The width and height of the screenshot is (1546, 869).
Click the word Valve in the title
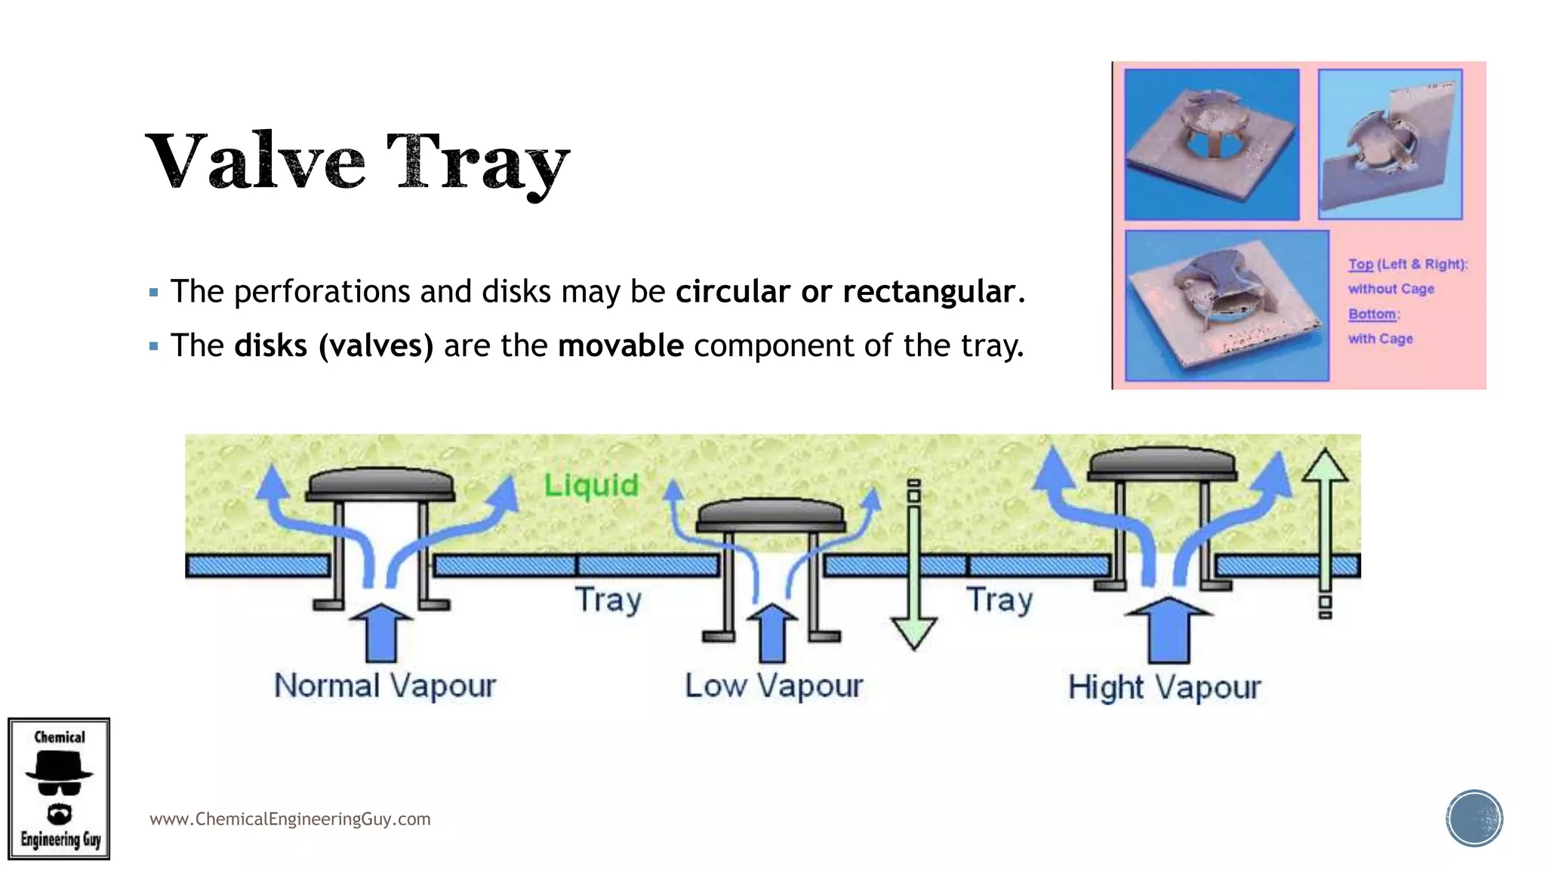255,161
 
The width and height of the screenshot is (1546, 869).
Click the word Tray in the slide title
478,162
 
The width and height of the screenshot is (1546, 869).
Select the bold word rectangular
929,291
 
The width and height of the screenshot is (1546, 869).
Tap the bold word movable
621,345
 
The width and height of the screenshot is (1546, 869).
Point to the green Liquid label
591,484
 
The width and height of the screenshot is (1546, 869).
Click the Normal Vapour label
385,686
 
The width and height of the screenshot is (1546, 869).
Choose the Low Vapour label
774,686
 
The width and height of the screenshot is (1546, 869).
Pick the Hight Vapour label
1164,687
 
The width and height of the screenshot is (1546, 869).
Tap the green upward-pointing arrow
1325,528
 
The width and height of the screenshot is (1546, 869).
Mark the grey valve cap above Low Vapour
770,514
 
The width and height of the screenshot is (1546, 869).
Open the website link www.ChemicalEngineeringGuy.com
290,819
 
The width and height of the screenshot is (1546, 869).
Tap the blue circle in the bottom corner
1474,818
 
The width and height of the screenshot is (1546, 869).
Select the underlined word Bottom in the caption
1372,314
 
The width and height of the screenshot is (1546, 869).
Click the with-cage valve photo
1227,306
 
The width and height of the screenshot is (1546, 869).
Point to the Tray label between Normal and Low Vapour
608,600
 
